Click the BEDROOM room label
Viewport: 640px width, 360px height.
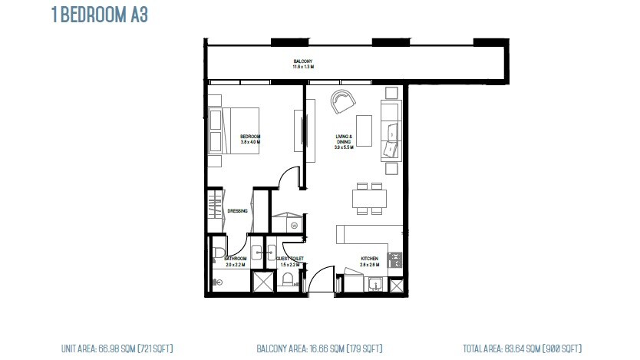pos(250,138)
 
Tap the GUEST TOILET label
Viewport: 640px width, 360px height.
pos(290,259)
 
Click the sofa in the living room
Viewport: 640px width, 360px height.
pos(390,130)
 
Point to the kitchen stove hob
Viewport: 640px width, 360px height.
pos(395,260)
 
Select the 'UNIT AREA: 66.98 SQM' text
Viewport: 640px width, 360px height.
pos(117,348)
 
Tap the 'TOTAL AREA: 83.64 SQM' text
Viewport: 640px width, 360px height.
pos(522,348)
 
